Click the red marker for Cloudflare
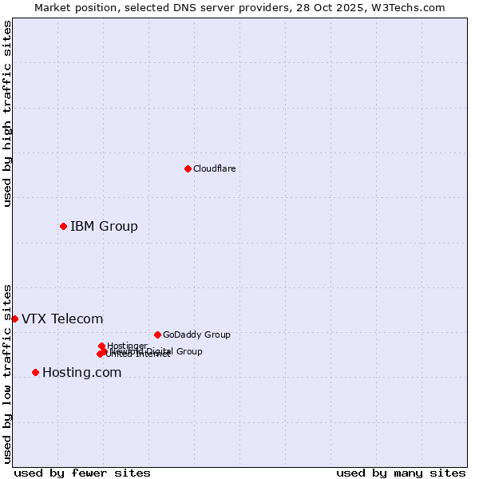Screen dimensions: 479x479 coord(188,168)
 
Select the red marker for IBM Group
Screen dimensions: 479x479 coord(63,226)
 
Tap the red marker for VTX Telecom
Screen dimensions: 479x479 coord(14,319)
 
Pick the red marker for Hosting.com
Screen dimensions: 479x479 coord(35,372)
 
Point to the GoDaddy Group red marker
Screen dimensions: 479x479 coord(157,335)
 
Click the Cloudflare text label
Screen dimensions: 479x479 coord(214,168)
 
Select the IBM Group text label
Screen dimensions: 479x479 coord(104,226)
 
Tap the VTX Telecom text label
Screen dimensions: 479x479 coord(62,319)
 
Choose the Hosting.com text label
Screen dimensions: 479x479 coord(81,372)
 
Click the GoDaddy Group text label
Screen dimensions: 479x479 coord(196,335)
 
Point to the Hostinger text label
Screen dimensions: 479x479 coord(127,346)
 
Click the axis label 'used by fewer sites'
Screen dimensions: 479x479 coord(82,473)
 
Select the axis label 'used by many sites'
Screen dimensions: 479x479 coord(401,473)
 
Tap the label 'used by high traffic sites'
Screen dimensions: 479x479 coord(7,113)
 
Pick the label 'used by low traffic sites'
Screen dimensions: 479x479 coord(7,374)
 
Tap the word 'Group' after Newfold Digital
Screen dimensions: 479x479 coord(188,351)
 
